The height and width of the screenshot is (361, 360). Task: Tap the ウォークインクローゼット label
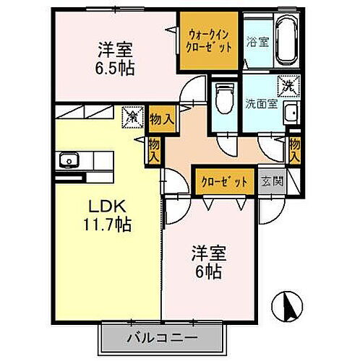(210, 40)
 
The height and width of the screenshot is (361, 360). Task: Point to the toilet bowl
(224, 97)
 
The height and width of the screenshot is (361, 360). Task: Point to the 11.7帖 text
(106, 225)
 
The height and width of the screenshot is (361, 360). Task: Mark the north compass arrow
(288, 307)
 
